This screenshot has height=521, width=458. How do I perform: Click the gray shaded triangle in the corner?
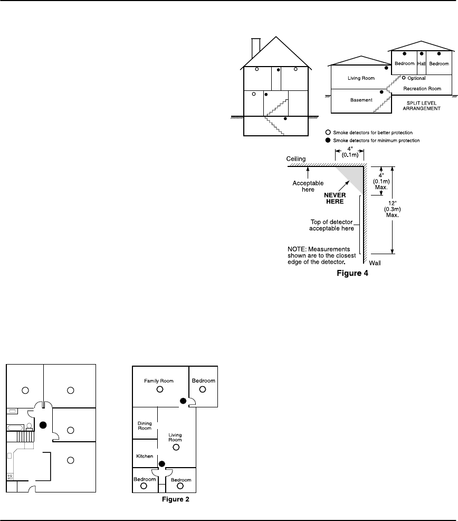click(354, 176)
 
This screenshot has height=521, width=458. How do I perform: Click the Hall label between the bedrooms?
click(421, 63)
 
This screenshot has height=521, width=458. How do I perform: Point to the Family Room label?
click(159, 380)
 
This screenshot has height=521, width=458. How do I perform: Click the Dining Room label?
click(145, 425)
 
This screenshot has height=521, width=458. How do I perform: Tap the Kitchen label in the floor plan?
click(145, 455)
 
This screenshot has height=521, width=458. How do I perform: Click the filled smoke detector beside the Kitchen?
click(162, 464)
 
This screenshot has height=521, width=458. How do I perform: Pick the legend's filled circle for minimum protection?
click(328, 140)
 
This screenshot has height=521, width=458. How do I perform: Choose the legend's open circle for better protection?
click(328, 132)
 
